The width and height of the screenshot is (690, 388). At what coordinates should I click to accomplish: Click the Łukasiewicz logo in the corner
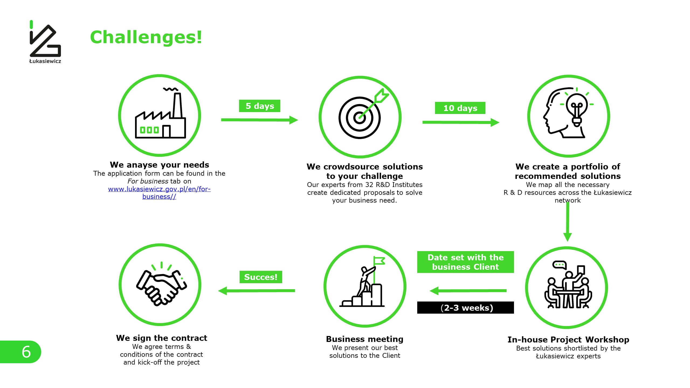tap(45, 42)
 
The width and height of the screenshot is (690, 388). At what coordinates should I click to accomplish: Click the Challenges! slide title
tap(146, 37)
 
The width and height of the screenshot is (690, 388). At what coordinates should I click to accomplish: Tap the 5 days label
tap(260, 106)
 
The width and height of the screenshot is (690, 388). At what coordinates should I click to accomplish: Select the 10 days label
tap(460, 108)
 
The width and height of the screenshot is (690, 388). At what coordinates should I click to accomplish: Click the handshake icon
tap(161, 284)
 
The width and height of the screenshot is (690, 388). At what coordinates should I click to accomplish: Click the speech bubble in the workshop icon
tap(559, 265)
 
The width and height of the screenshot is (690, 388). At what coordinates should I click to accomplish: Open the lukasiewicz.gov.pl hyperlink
tap(159, 193)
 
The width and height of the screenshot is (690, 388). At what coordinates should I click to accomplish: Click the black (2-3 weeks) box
tap(465, 307)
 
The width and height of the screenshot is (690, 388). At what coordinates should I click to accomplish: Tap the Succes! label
tap(261, 277)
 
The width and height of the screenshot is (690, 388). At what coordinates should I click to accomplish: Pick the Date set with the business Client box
tap(465, 262)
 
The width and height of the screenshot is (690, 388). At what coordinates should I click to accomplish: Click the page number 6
tap(26, 352)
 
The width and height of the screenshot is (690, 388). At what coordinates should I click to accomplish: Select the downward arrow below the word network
tap(568, 221)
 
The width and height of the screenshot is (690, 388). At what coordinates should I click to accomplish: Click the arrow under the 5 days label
tap(260, 120)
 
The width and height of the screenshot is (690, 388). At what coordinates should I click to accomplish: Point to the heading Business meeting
tap(365, 339)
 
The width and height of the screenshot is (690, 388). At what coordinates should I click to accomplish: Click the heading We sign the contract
tap(161, 338)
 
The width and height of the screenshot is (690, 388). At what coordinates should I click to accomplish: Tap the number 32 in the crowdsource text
tap(370, 185)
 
